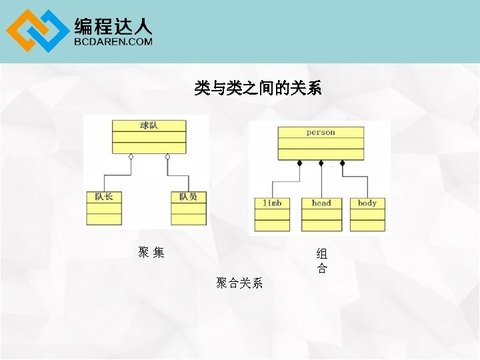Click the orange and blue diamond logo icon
pos(37,31)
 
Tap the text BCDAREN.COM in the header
pos(113,41)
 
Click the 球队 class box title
pos(149,125)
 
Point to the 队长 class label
pos(103,197)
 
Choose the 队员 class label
pos(188,197)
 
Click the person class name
pos(321,132)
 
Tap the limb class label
pos(272,203)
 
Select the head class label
pos(321,203)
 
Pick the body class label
pos(367,203)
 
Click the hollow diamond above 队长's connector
pos(131,157)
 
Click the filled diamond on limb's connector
pos(299,163)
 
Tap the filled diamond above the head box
pos(321,163)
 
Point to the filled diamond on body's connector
pos(342,163)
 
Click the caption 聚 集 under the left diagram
pos(151,252)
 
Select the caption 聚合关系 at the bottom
pos(239,283)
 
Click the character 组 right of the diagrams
pos(322,254)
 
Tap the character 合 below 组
pos(322,269)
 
